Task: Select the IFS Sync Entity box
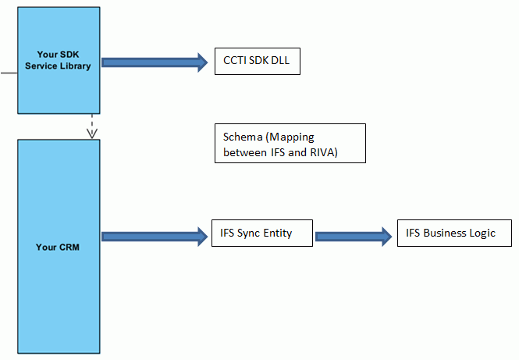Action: click(261, 233)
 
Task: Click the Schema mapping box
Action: click(290, 144)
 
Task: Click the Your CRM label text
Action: click(59, 248)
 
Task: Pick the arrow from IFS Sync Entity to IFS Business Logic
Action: click(354, 235)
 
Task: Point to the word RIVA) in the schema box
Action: click(322, 152)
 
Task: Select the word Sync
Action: click(248, 233)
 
